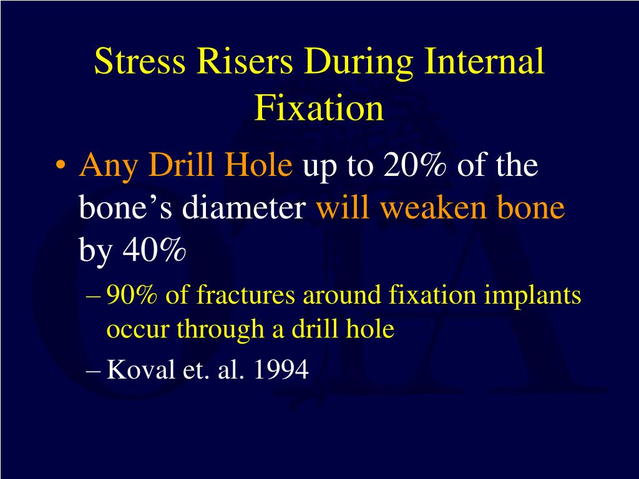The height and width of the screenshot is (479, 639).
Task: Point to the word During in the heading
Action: (x=355, y=63)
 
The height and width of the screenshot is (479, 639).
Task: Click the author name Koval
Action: (x=138, y=370)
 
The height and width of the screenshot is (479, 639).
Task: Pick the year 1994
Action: (x=281, y=370)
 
